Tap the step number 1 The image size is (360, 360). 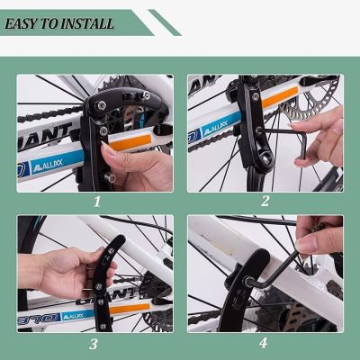tap(96, 202)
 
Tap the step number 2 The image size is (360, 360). tap(265, 202)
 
